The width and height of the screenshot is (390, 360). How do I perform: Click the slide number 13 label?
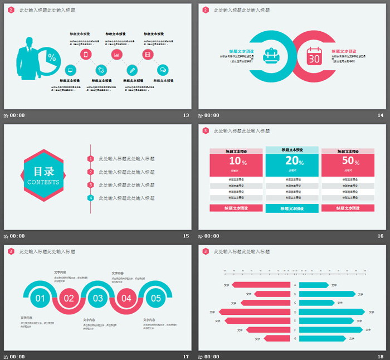point(186,115)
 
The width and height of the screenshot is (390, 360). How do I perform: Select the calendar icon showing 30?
point(314,57)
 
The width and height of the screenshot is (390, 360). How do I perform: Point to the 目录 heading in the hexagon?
point(43,172)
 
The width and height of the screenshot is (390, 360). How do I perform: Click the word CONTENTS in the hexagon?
point(43,182)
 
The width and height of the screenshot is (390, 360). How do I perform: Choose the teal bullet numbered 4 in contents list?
point(91,198)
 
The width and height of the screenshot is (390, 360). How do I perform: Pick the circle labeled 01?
point(40,298)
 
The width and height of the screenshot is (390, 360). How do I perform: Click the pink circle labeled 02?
point(69,298)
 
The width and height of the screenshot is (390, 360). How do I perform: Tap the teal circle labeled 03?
point(98,298)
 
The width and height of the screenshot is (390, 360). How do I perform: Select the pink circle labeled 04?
point(126,298)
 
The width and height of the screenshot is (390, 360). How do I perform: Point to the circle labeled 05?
point(155,298)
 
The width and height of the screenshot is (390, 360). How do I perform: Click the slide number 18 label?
point(381,356)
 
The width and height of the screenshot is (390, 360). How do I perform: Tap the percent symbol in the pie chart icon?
point(52,57)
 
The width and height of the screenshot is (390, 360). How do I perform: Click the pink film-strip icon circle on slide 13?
point(147,54)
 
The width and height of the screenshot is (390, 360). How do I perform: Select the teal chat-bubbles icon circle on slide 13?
point(163,70)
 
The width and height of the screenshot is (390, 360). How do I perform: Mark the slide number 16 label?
point(381,236)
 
